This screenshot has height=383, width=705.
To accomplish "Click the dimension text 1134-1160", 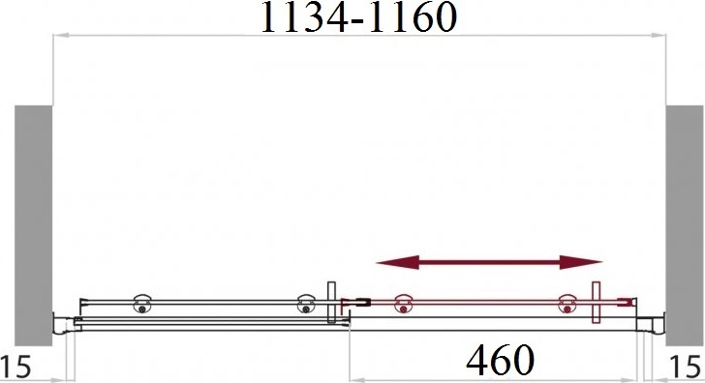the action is pyautogui.click(x=358, y=17).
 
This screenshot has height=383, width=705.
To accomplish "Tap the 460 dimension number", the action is pyautogui.click(x=500, y=360).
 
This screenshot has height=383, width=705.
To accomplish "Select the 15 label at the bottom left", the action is pyautogui.click(x=15, y=367).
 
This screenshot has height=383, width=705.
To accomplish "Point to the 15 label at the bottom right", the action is pyautogui.click(x=686, y=367).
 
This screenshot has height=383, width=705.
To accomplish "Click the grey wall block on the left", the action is pyautogui.click(x=33, y=226).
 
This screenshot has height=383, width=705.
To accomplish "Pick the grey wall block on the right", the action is pyautogui.click(x=684, y=226).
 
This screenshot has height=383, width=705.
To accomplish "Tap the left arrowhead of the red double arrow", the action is pyautogui.click(x=397, y=263).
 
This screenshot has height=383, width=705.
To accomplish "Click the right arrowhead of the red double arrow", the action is pyautogui.click(x=581, y=263).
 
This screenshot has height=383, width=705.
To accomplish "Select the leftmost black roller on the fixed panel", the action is pyautogui.click(x=142, y=305).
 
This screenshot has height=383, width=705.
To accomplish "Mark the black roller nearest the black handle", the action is pyautogui.click(x=306, y=305).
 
